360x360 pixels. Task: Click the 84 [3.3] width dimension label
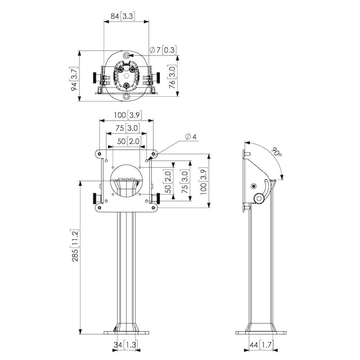point(123,16)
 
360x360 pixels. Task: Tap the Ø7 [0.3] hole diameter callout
point(163,50)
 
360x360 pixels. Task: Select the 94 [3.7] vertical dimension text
point(74,79)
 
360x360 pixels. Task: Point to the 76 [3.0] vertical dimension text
point(172,76)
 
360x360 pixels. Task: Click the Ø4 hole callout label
point(191,137)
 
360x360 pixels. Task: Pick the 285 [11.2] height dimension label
point(75,245)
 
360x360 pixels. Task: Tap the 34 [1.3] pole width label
point(125,345)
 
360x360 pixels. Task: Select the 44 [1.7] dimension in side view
point(261,345)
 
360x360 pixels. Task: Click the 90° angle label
point(276,151)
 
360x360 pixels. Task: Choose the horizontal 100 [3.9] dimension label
point(128,115)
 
